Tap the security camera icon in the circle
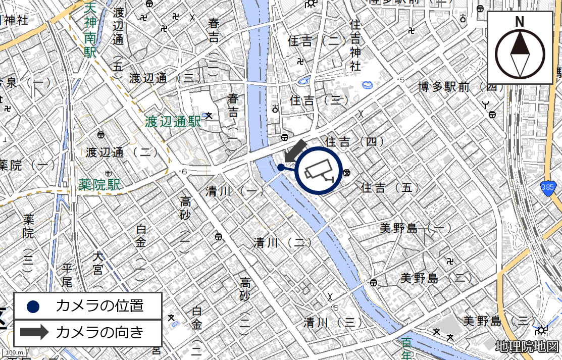[x=319, y=170]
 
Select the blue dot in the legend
[x=33, y=306]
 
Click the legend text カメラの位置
[x=99, y=306]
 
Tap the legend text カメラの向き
[x=99, y=332]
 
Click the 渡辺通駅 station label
[x=173, y=122]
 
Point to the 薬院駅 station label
[x=99, y=185]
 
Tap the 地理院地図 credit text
[x=527, y=347]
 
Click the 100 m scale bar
[x=15, y=352]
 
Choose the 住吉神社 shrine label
[x=355, y=45]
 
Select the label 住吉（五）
[x=390, y=188]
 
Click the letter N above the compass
[x=519, y=22]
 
